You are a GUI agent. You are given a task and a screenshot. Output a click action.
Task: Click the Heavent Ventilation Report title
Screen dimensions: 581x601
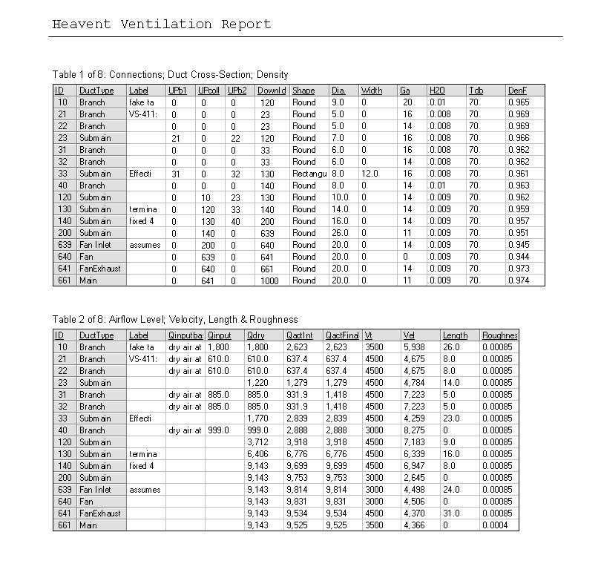(x=161, y=24)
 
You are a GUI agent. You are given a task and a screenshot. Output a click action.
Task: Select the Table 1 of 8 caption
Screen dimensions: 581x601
(x=170, y=74)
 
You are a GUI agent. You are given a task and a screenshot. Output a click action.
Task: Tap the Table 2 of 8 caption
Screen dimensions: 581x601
(x=175, y=319)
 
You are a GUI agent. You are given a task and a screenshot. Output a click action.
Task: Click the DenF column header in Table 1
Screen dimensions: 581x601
(x=517, y=91)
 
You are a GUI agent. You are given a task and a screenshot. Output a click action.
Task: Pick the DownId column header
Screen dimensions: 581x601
(x=272, y=91)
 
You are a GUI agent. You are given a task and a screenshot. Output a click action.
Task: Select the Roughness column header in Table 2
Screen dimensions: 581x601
(x=499, y=335)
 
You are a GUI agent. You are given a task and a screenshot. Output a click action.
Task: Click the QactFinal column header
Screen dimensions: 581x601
(x=342, y=335)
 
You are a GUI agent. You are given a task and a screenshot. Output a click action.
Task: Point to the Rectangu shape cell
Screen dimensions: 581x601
(x=304, y=174)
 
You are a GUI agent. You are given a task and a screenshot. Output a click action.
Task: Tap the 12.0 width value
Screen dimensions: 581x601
(x=370, y=174)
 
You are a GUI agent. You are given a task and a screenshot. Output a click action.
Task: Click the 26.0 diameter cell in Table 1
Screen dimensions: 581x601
(x=339, y=233)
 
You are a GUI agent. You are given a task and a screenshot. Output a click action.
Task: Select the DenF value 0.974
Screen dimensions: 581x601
(x=519, y=280)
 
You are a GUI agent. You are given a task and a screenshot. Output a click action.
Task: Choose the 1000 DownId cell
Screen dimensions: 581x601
(x=269, y=280)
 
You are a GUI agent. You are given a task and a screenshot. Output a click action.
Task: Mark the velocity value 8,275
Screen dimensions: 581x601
(x=413, y=430)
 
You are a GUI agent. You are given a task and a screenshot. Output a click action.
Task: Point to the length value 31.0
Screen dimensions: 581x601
(x=451, y=513)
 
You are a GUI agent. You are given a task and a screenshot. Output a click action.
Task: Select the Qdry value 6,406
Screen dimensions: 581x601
(x=256, y=454)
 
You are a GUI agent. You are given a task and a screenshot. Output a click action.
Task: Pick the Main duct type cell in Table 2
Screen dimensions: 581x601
(x=88, y=525)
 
